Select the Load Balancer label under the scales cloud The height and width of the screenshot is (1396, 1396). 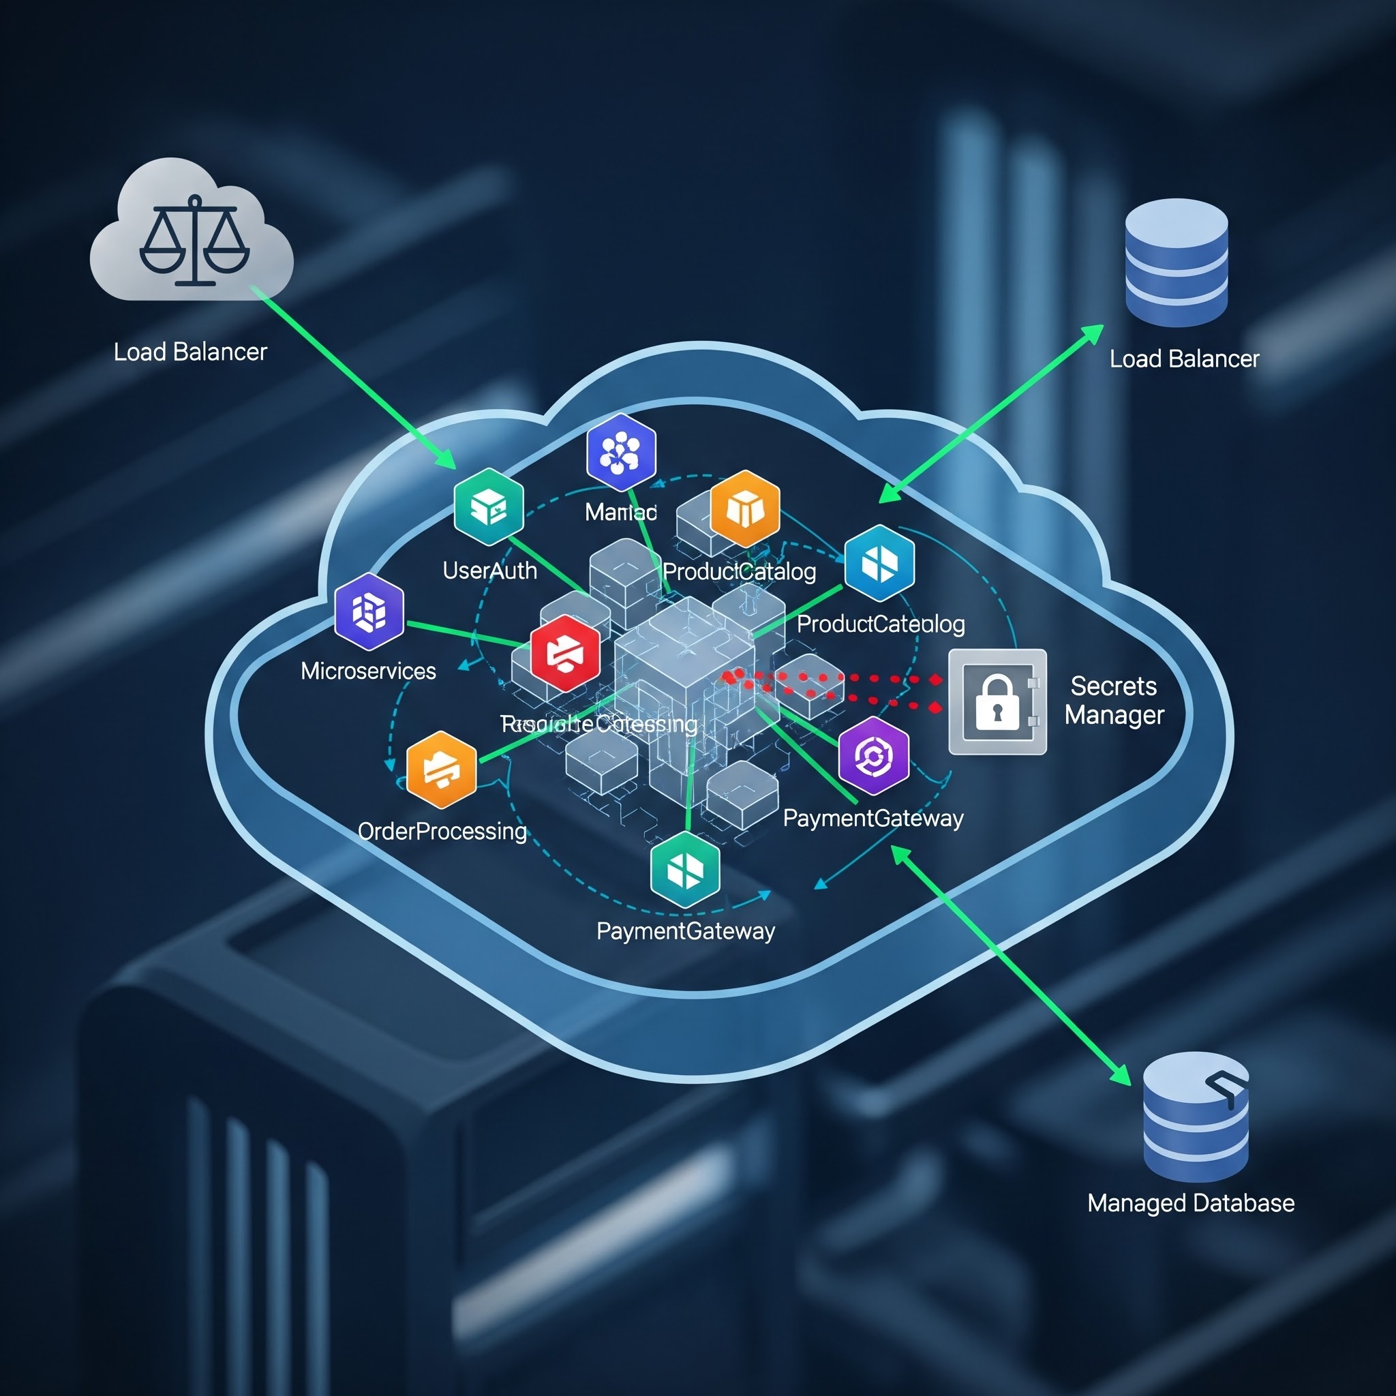pyautogui.click(x=191, y=352)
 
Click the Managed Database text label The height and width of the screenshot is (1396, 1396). pyautogui.click(x=1191, y=1203)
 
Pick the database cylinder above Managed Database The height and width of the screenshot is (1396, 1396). pyautogui.click(x=1195, y=1116)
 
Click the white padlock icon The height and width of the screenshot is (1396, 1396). pyautogui.click(x=997, y=701)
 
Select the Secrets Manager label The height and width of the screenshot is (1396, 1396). pyautogui.click(x=1114, y=700)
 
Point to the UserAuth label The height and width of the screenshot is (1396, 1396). pyautogui.click(x=490, y=571)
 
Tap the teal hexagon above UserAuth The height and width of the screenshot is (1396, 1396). pyautogui.click(x=489, y=506)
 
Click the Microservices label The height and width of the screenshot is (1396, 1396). pyautogui.click(x=369, y=671)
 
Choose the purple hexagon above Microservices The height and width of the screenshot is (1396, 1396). pyautogui.click(x=369, y=611)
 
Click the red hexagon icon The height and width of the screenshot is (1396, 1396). pyautogui.click(x=565, y=653)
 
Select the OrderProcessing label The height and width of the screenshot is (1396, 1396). pyautogui.click(x=442, y=831)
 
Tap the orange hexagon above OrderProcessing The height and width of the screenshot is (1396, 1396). pyautogui.click(x=442, y=770)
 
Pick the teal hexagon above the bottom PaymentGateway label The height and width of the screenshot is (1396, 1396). pyautogui.click(x=685, y=869)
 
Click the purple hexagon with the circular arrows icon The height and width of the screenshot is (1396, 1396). pyautogui.click(x=874, y=756)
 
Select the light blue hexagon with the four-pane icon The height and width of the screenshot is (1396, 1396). pyautogui.click(x=879, y=563)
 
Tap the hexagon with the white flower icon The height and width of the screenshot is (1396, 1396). pyautogui.click(x=622, y=453)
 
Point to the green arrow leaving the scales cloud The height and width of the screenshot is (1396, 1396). pyautogui.click(x=354, y=376)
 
